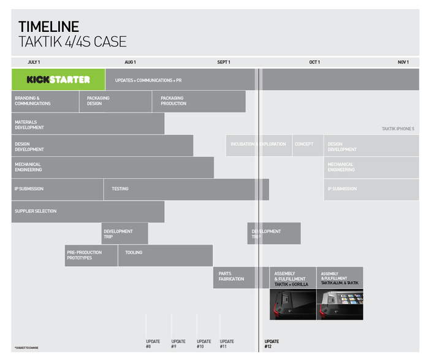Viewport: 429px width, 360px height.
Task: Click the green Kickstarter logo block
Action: click(x=58, y=80)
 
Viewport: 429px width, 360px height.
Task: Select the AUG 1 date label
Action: click(x=130, y=62)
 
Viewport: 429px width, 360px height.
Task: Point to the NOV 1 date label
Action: click(x=403, y=62)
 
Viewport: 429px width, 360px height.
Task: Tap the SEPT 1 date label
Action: click(x=224, y=62)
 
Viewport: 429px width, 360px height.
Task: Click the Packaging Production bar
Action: click(x=199, y=101)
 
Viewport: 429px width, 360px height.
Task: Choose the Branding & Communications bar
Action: click(x=45, y=101)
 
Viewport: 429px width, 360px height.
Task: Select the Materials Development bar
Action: click(x=88, y=123)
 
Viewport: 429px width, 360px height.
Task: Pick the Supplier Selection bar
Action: click(x=88, y=212)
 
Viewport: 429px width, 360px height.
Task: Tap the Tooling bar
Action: click(x=165, y=255)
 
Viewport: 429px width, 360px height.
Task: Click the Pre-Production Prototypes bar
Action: click(x=91, y=255)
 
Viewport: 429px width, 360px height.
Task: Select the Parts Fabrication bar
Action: click(x=241, y=277)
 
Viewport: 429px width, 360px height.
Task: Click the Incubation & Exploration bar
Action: click(x=259, y=145)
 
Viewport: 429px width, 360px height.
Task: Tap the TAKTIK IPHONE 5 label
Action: click(x=398, y=129)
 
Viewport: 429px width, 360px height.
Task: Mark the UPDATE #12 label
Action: click(x=271, y=344)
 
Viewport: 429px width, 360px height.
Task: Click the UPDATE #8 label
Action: click(x=153, y=344)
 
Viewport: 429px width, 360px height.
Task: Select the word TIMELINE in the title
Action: click(x=48, y=26)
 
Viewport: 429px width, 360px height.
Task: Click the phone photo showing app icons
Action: click(x=340, y=304)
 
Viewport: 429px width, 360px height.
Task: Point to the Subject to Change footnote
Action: click(x=26, y=348)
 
